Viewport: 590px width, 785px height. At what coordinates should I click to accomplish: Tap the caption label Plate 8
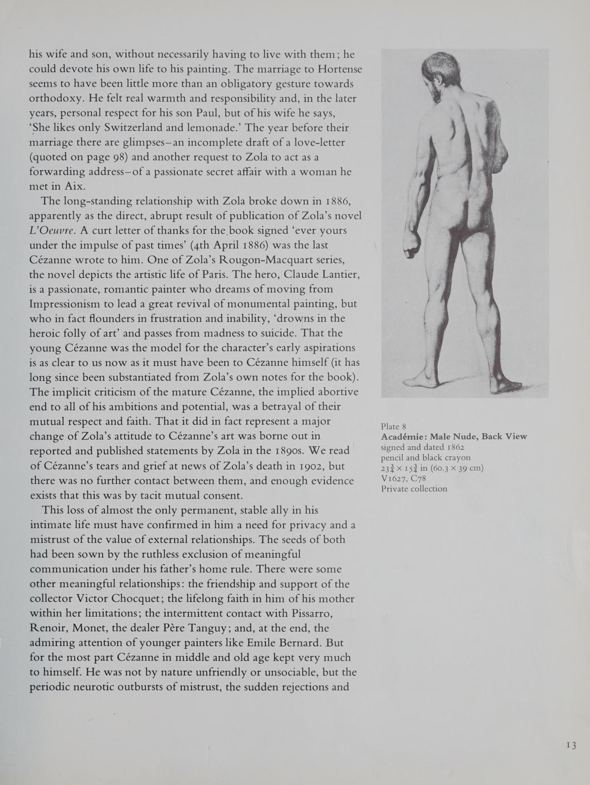click(x=393, y=426)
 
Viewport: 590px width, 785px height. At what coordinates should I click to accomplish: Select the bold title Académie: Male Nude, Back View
click(x=454, y=436)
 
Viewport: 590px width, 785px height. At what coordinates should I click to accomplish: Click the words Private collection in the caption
click(x=414, y=489)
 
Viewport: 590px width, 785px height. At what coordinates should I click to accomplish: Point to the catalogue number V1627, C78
click(x=403, y=478)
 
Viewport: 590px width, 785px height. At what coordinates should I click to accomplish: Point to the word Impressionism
click(x=71, y=304)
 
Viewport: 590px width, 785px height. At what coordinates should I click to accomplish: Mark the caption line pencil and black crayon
click(x=425, y=458)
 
